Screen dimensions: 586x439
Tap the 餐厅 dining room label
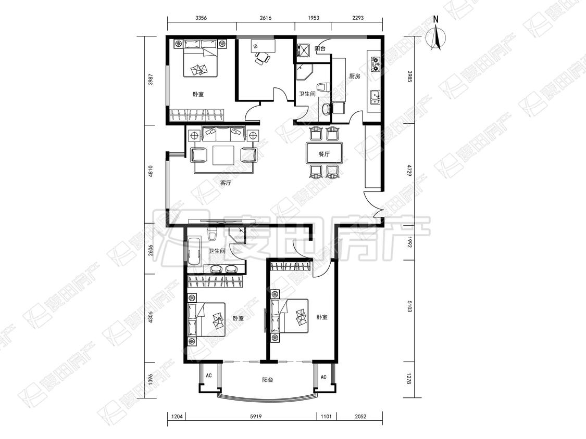tap(324, 154)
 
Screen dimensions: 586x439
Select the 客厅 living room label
tap(226, 183)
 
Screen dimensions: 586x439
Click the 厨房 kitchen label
tap(355, 76)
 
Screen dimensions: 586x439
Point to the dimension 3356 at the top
tap(201, 18)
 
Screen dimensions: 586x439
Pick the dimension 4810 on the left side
tap(151, 173)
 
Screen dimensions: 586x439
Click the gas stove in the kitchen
tap(375, 64)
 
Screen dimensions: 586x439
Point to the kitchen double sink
tap(375, 97)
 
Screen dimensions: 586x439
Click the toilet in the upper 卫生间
tap(324, 87)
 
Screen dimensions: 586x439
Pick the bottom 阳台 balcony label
tap(267, 380)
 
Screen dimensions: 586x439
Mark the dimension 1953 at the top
tap(313, 18)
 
